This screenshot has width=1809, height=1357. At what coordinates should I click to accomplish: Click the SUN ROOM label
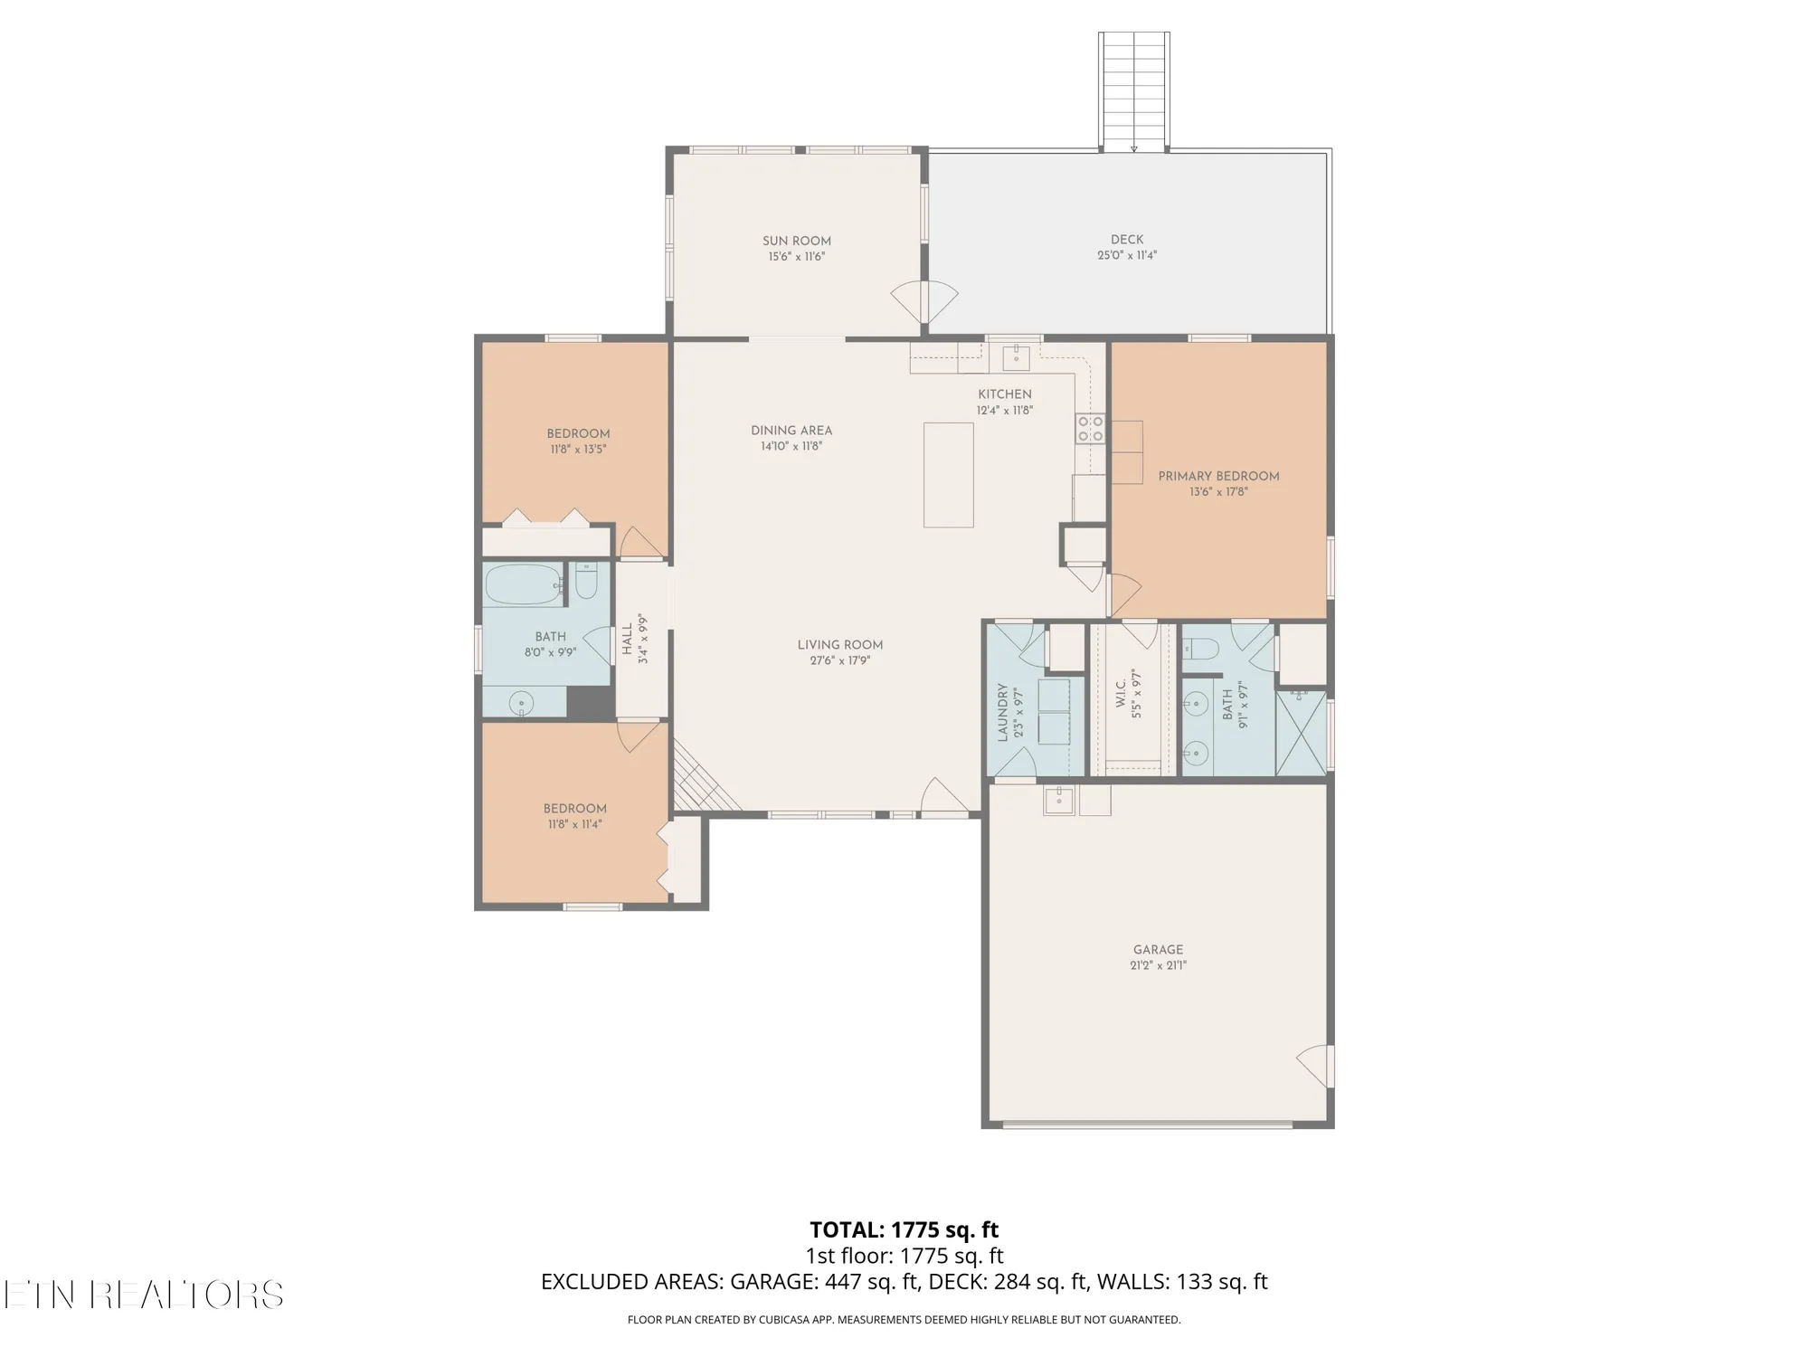[796, 241]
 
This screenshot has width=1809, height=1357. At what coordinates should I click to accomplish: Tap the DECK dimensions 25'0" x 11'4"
[1126, 255]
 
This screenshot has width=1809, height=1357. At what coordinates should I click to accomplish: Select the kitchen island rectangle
[948, 474]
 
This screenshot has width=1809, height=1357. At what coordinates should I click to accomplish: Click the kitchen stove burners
[1090, 428]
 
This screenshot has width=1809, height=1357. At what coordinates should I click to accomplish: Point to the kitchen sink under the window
[1016, 356]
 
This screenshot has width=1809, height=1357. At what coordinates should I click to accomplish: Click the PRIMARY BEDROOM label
[1218, 476]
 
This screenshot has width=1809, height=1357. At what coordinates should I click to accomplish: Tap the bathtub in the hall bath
[523, 584]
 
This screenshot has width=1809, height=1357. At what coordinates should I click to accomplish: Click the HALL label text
[627, 639]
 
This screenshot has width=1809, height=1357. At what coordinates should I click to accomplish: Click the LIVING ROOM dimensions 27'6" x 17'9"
[839, 660]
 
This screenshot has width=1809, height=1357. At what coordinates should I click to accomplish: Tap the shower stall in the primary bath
[1301, 733]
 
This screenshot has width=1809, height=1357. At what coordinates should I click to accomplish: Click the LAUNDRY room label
[1002, 712]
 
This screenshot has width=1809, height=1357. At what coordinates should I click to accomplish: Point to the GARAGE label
[1158, 950]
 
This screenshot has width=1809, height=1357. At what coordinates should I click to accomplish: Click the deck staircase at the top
[1133, 90]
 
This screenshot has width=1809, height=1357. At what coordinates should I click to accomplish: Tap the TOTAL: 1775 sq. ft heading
[904, 1229]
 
